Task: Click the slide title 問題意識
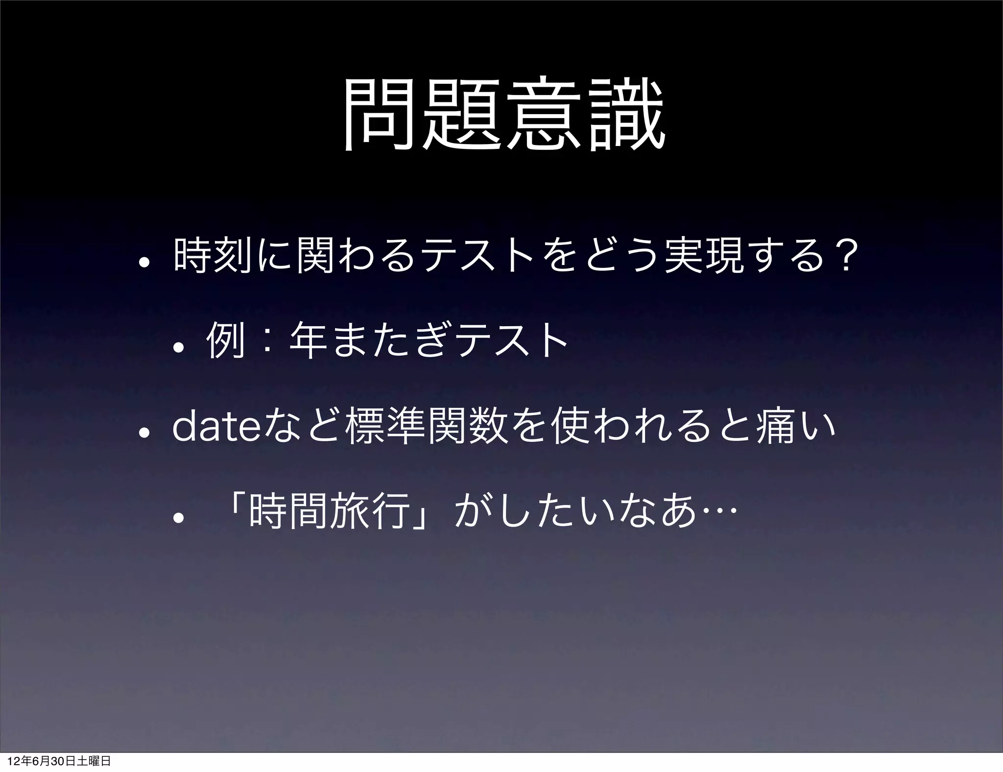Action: pos(504,116)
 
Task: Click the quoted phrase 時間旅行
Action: pos(329,511)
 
